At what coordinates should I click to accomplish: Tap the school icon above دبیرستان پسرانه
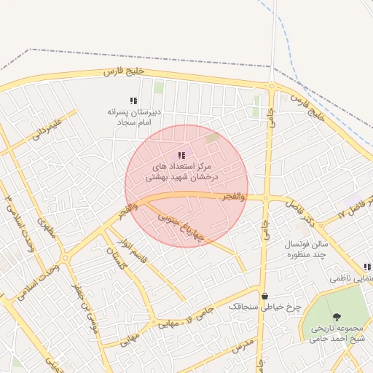coord(133,101)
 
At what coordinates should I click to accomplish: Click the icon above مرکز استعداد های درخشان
coord(181,154)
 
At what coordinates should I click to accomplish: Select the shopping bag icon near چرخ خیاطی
coord(264,297)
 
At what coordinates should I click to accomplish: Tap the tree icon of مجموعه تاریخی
coord(337,316)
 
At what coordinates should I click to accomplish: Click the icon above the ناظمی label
coord(366,267)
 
